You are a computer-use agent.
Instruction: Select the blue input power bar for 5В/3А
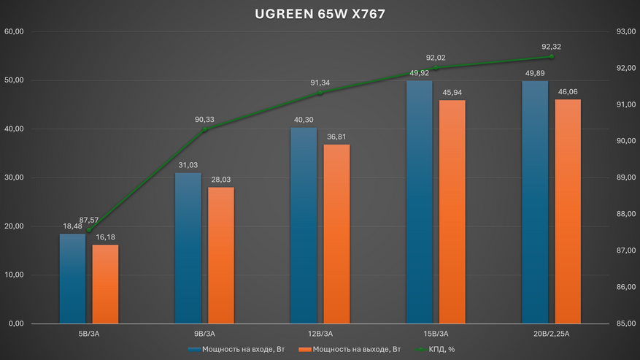coord(72,278)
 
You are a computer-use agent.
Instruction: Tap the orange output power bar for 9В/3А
coord(221,255)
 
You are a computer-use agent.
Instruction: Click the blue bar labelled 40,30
coord(304,226)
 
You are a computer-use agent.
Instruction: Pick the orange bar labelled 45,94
coord(452,212)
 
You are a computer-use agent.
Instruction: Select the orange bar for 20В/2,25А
coord(568,211)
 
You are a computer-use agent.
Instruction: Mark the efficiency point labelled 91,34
coord(320,93)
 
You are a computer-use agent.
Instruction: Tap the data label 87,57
coord(99,220)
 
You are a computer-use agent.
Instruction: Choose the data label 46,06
coord(568,92)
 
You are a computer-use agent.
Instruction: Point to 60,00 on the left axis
coord(15,31)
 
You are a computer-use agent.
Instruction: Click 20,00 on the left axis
coord(15,226)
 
